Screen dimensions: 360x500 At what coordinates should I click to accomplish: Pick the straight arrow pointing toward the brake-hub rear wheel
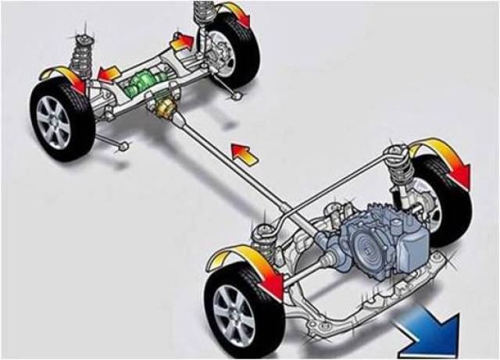pyautogui.click(x=182, y=41)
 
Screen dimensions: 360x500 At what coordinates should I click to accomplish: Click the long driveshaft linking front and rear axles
pyautogui.click(x=227, y=165)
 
